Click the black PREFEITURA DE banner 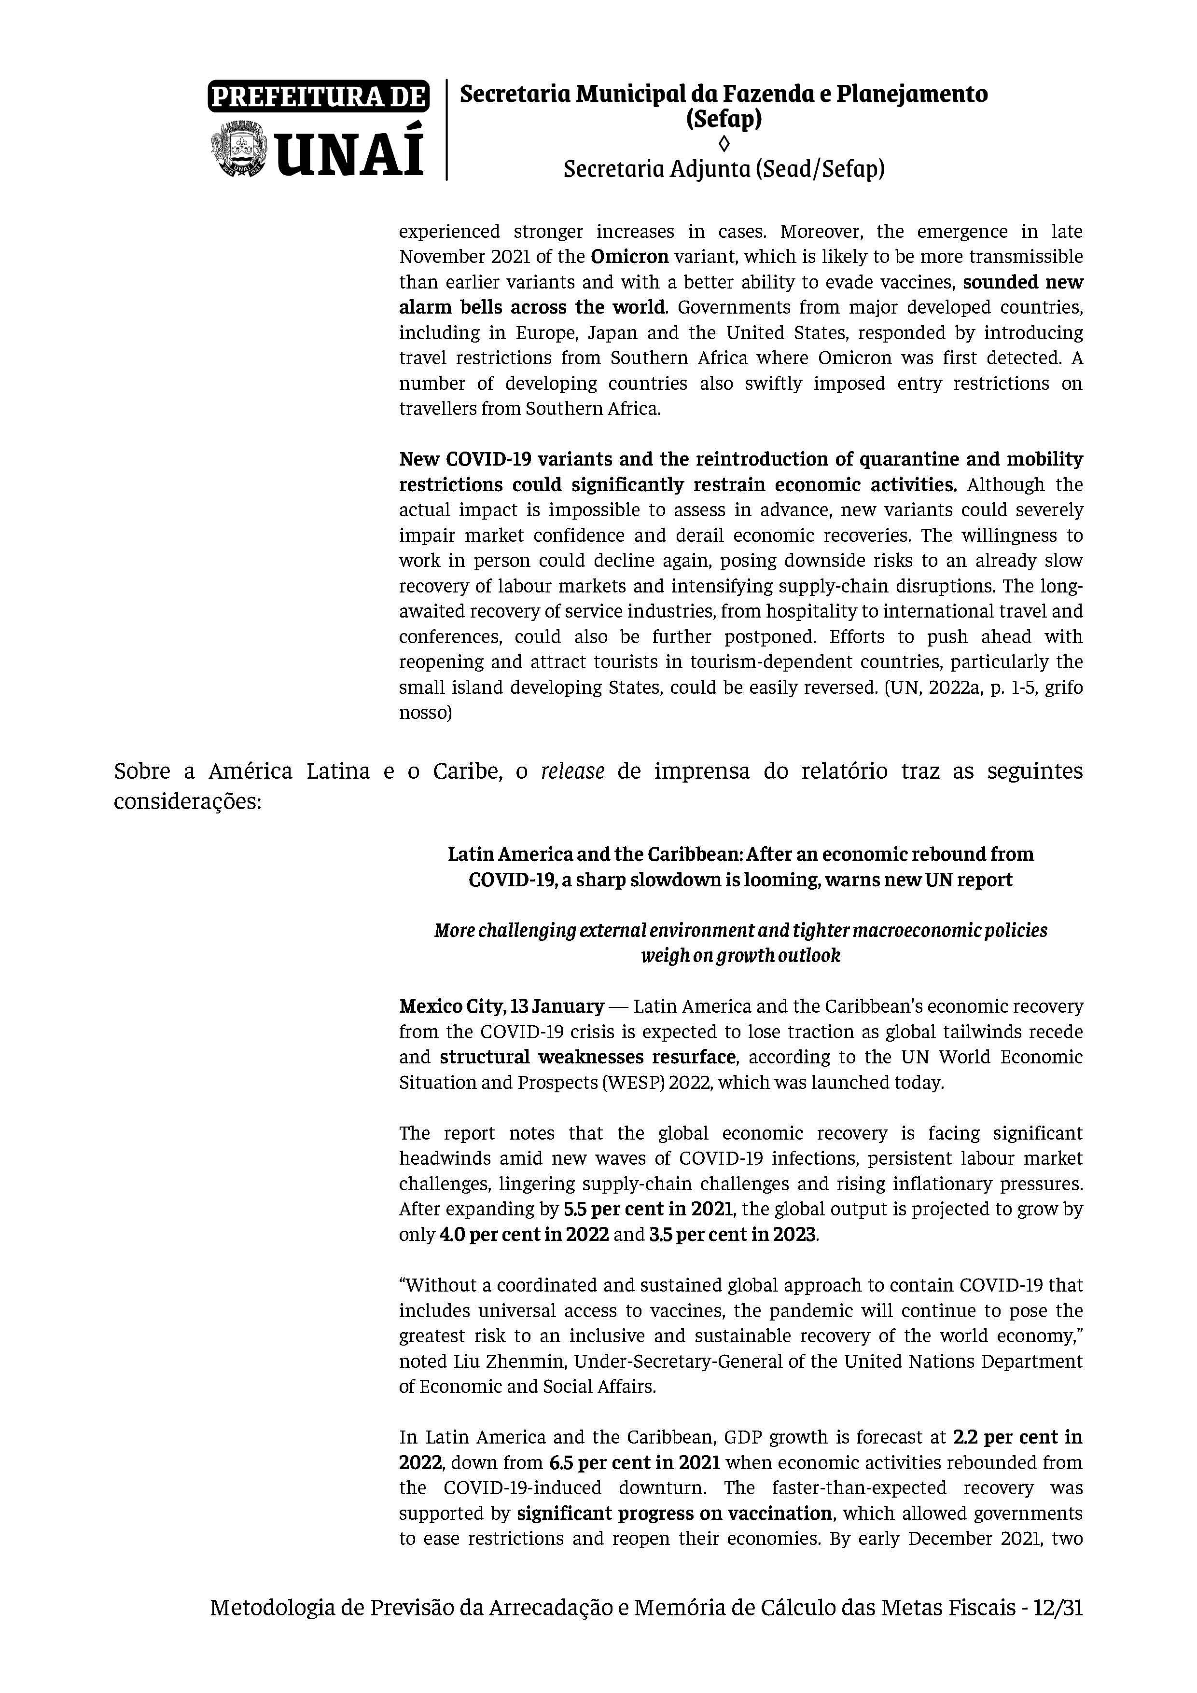(318, 96)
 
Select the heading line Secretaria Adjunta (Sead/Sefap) (724, 170)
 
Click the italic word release (572, 771)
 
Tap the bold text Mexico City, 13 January (501, 1006)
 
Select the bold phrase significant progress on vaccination (674, 1514)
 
